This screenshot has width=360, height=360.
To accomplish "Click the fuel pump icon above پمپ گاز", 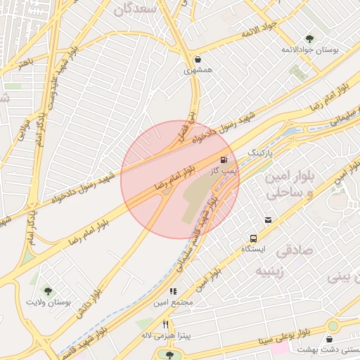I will [x=224, y=160].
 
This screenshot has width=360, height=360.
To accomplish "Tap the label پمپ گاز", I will [x=224, y=171].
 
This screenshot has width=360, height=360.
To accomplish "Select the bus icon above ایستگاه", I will [x=253, y=238].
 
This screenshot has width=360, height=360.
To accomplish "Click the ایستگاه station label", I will [x=253, y=249].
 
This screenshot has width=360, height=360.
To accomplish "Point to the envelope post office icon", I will [x=268, y=221].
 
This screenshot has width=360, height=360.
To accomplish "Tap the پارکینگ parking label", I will [x=259, y=152].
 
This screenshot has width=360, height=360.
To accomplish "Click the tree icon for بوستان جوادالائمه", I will [x=310, y=39].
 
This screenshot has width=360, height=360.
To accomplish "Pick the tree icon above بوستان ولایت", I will [x=48, y=290].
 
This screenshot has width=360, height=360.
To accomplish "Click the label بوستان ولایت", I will [x=48, y=302].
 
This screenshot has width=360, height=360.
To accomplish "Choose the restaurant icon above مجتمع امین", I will [x=172, y=291].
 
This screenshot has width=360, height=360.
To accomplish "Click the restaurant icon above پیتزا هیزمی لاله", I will [x=166, y=325].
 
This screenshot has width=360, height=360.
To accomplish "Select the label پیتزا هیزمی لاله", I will [x=166, y=336].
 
